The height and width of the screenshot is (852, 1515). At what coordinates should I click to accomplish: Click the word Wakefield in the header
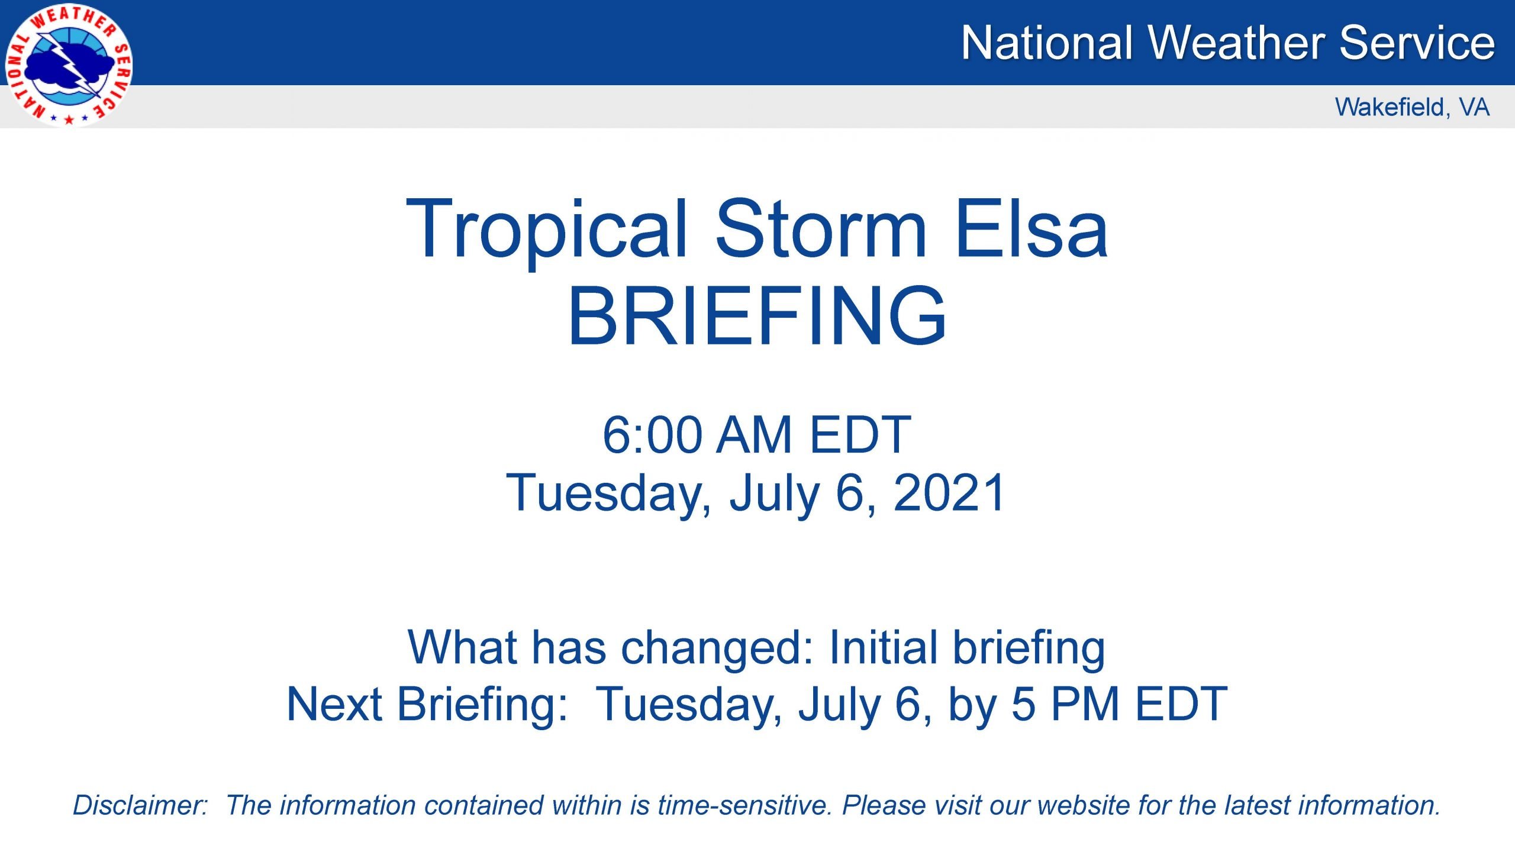click(1390, 107)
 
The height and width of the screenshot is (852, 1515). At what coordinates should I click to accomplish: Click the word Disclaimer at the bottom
click(140, 805)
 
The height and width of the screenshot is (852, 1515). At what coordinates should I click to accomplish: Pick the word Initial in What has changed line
click(883, 647)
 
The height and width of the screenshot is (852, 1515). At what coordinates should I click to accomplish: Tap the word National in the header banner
click(1046, 43)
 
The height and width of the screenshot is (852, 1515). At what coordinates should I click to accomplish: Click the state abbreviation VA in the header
click(1474, 107)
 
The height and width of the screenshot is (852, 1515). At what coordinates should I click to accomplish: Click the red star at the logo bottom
click(69, 120)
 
